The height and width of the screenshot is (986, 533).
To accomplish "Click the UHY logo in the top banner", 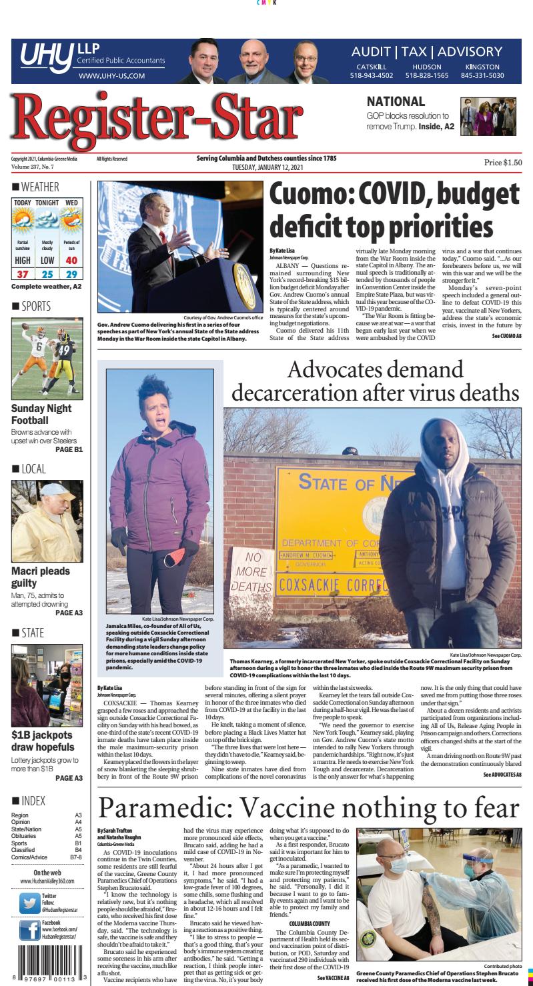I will tap(47, 58).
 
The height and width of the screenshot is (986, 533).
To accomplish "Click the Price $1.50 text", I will tap(503, 162).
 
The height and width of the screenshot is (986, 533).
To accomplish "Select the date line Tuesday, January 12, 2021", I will tap(266, 167).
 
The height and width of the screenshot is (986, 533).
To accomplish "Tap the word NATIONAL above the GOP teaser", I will tap(396, 102).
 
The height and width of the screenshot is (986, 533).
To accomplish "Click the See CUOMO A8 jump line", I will tap(506, 337).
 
